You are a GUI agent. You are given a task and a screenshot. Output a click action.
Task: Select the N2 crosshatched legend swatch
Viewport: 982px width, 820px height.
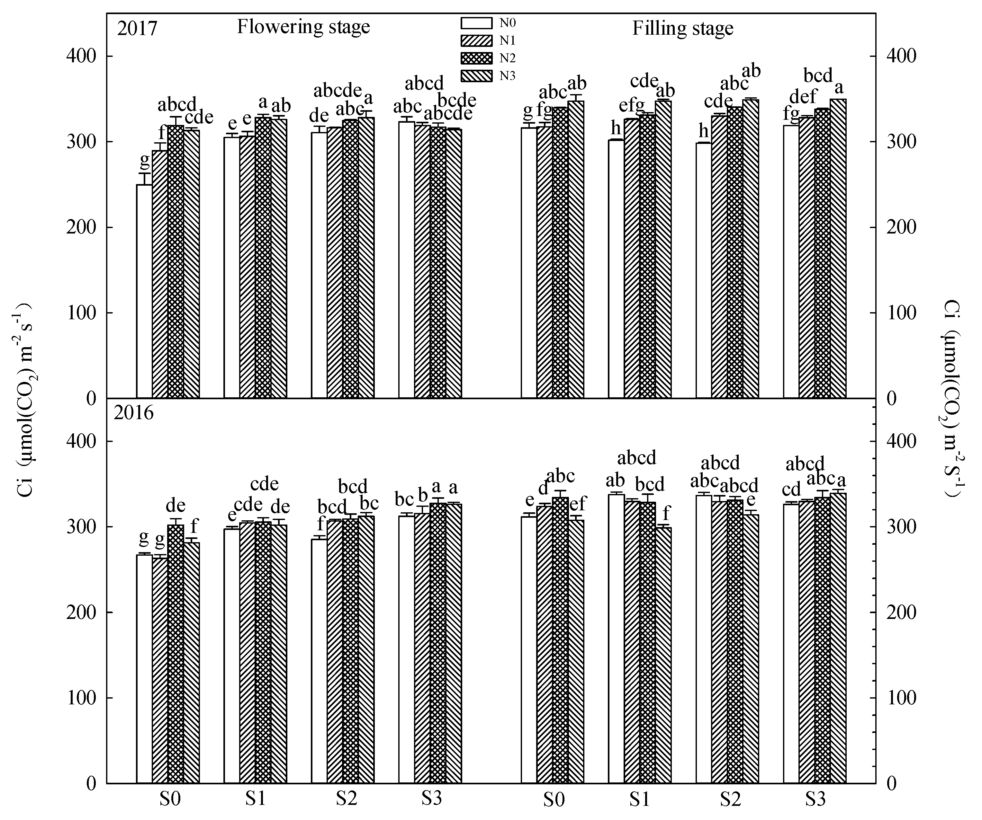pyautogui.click(x=476, y=58)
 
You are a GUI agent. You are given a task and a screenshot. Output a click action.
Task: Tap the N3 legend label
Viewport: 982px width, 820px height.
pyautogui.click(x=507, y=76)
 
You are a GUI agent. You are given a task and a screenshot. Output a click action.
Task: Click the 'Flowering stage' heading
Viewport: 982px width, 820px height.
pyautogui.click(x=303, y=27)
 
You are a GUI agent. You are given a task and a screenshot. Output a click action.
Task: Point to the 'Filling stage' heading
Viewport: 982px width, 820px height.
pyautogui.click(x=683, y=29)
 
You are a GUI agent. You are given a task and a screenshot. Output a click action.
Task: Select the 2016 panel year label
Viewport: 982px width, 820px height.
pyautogui.click(x=134, y=413)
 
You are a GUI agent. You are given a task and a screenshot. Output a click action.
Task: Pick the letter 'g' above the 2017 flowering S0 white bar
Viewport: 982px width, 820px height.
pyautogui.click(x=145, y=162)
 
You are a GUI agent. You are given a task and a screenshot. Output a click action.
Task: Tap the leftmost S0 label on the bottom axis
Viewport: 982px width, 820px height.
pyautogui.click(x=169, y=799)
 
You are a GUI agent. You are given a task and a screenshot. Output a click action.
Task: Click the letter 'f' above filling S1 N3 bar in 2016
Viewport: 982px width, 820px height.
pyautogui.click(x=666, y=514)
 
